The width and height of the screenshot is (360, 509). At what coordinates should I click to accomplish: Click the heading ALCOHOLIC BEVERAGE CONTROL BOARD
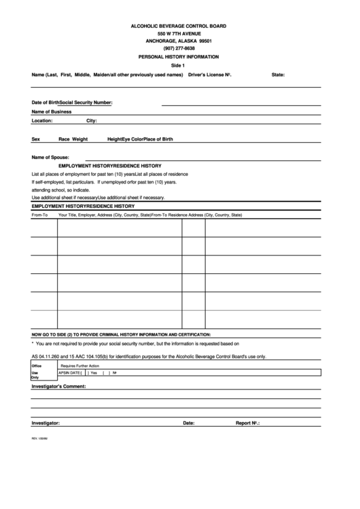179,25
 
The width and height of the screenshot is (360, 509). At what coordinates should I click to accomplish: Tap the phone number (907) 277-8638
179,49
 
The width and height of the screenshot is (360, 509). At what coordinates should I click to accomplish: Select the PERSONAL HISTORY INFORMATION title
179,58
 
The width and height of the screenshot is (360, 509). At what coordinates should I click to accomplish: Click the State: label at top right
278,74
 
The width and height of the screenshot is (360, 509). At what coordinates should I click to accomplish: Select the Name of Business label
52,111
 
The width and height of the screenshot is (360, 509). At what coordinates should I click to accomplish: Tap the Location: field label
42,120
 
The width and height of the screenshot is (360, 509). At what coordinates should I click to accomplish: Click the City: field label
92,120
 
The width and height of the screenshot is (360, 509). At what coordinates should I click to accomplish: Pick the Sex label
36,139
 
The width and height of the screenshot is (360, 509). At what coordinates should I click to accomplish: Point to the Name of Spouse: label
50,157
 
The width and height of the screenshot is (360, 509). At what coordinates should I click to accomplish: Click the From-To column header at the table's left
39,215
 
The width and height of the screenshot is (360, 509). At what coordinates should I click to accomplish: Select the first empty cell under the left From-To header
43,229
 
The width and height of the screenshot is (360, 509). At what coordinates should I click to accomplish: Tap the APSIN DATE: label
71,372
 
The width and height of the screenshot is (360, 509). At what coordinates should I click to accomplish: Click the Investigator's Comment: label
58,386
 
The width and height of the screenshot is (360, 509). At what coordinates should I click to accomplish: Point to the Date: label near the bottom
189,422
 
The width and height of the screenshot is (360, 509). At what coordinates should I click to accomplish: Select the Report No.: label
249,422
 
